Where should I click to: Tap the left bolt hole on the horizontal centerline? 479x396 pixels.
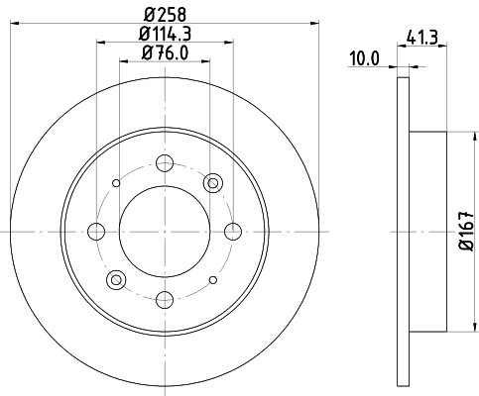click(96, 231)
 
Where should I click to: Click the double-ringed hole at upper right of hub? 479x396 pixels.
click(212, 183)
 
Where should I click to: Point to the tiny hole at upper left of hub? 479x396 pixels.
click(117, 183)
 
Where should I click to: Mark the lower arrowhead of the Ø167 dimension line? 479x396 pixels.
click(455, 331)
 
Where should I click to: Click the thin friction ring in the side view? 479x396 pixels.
click(402, 231)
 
